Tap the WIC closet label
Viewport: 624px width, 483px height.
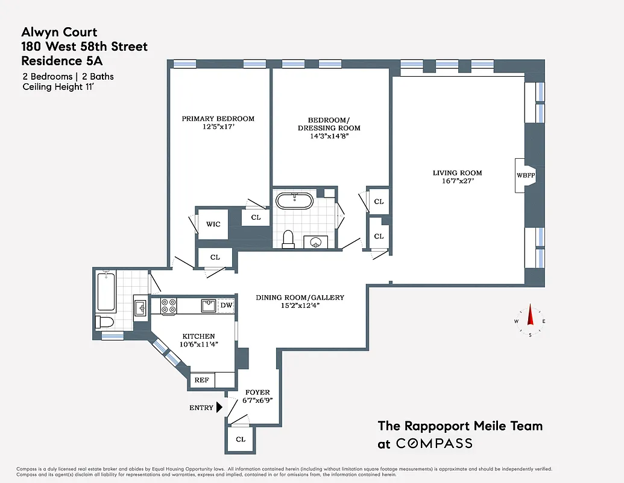coord(213,224)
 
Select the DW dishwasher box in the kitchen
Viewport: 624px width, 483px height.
coord(226,305)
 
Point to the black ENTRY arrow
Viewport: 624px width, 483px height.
coord(219,408)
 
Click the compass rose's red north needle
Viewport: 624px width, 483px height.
coord(531,314)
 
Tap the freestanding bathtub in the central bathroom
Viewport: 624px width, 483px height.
coord(294,200)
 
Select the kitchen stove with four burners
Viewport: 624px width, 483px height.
coord(168,306)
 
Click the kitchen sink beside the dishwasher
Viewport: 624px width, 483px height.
coord(209,305)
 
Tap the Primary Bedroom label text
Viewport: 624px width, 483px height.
coord(218,119)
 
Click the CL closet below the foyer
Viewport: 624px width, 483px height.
coord(241,440)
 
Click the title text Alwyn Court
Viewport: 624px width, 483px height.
coord(59,33)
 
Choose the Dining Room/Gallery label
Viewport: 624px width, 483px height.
coord(300,297)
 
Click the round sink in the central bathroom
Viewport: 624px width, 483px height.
coord(315,241)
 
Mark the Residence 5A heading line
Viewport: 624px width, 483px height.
coord(58,60)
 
